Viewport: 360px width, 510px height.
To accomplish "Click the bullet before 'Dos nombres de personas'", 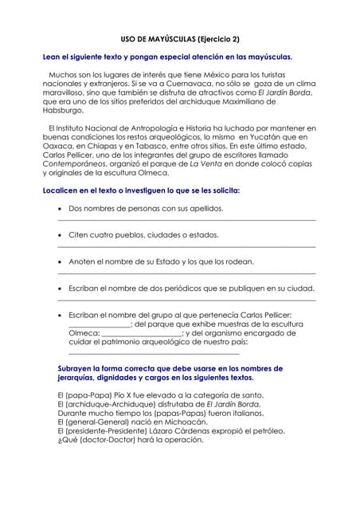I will [x=61, y=209].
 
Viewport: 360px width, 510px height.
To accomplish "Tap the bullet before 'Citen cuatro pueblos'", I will [x=61, y=235].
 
